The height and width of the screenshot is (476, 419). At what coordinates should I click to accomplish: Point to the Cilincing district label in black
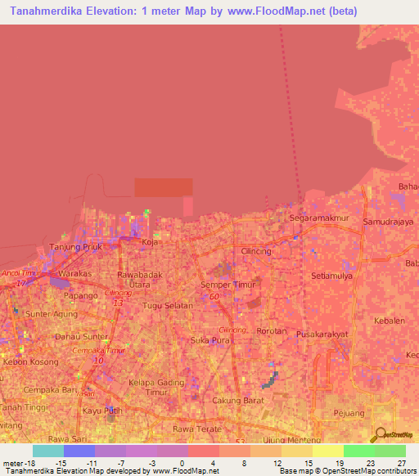coord(256,251)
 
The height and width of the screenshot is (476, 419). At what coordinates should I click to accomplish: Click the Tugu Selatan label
coord(167,305)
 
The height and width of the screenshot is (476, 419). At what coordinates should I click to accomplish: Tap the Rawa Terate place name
coord(192,428)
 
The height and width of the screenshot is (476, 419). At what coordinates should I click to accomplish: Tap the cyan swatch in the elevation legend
coord(48,451)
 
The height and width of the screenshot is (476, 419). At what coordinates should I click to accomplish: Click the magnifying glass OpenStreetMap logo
coord(379,435)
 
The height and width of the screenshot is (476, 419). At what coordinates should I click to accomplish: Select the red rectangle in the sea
coord(164,187)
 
